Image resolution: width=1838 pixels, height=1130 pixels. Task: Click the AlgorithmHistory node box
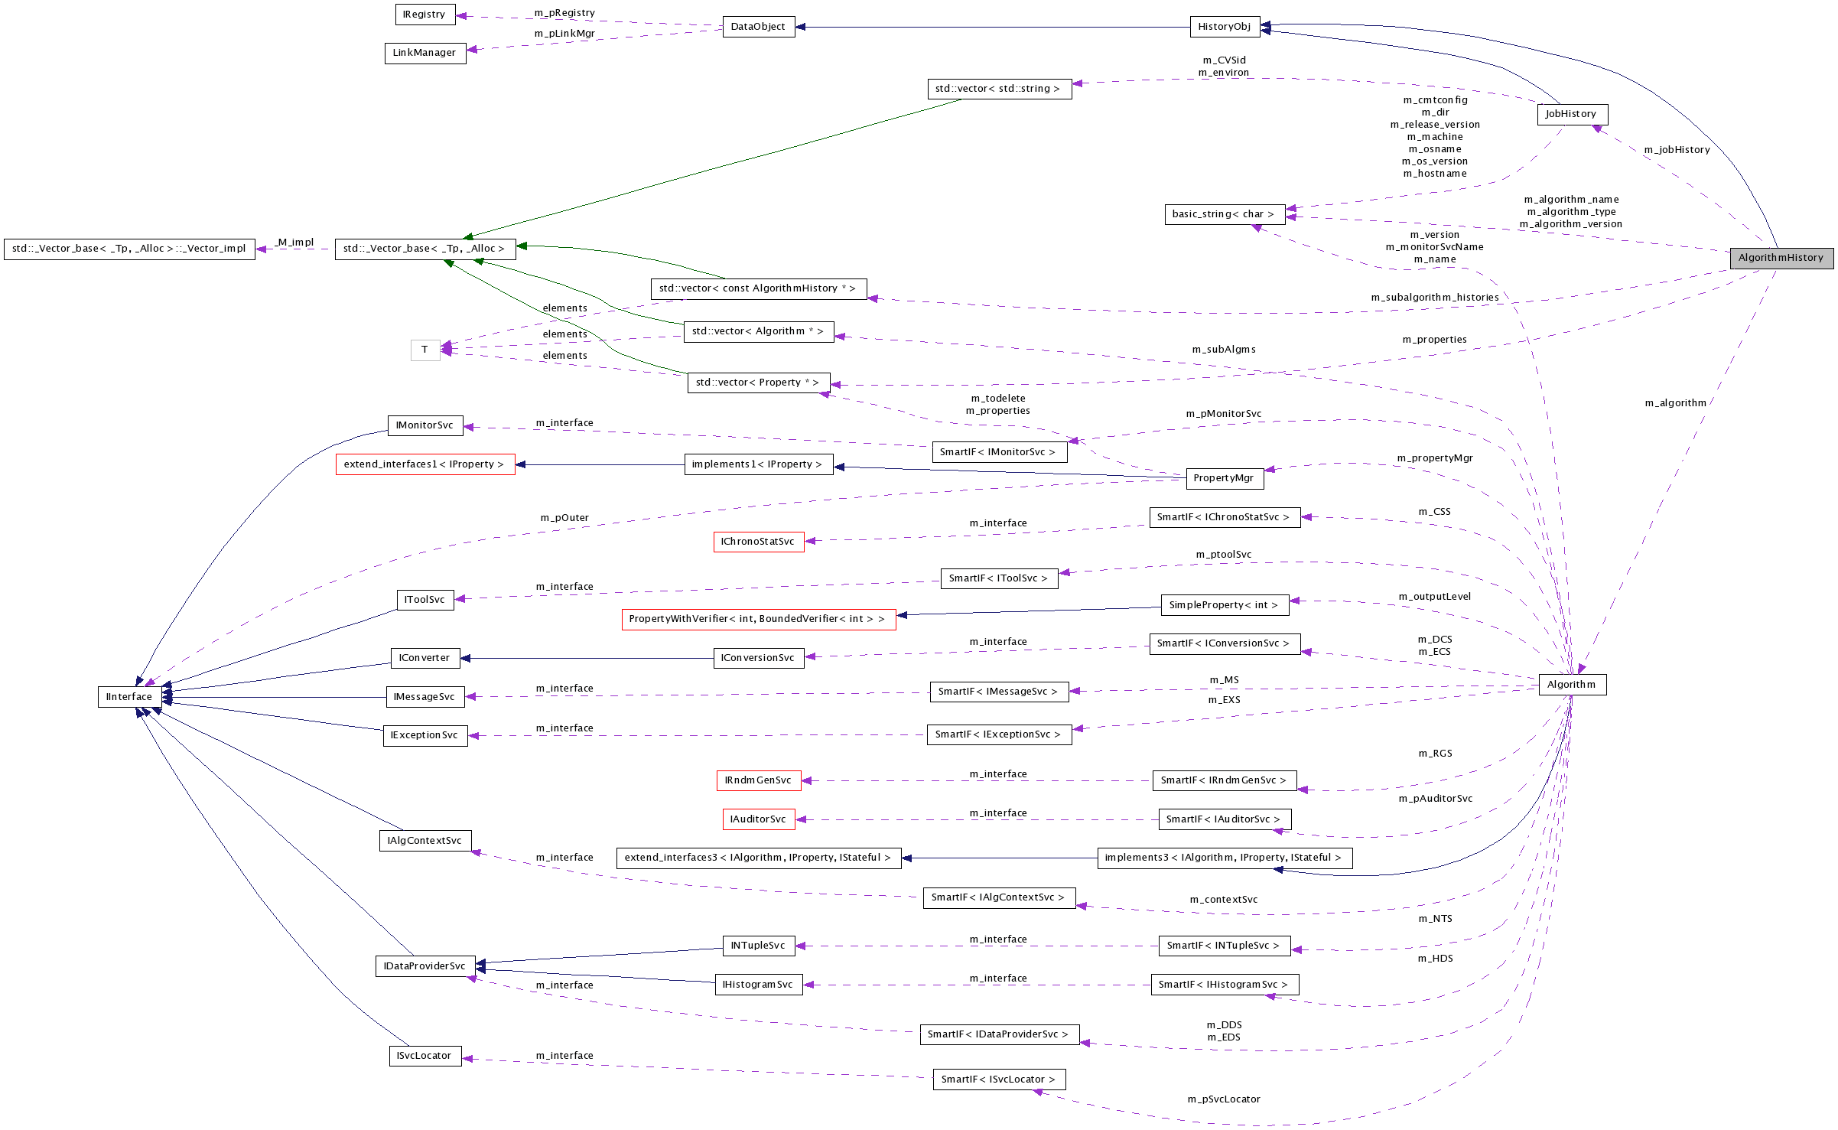pyautogui.click(x=1781, y=258)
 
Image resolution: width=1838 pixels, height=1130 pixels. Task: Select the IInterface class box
pyautogui.click(x=129, y=697)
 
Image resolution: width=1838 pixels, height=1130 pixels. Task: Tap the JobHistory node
pyautogui.click(x=1571, y=114)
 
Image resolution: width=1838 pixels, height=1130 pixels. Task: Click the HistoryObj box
pyautogui.click(x=1224, y=27)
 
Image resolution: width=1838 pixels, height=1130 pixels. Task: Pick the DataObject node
pyautogui.click(x=758, y=27)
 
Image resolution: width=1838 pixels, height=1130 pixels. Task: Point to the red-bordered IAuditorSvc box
pyautogui.click(x=758, y=819)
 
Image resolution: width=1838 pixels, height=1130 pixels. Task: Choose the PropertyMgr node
pyautogui.click(x=1223, y=478)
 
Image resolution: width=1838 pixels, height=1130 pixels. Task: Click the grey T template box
pyautogui.click(x=425, y=350)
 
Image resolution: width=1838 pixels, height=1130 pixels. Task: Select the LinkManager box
pyautogui.click(x=425, y=53)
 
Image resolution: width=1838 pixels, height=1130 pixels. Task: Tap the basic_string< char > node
pyautogui.click(x=1223, y=214)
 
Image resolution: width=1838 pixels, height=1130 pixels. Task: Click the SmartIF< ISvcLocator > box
pyautogui.click(x=998, y=1080)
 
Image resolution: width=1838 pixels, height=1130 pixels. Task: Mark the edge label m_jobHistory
pyautogui.click(x=1677, y=150)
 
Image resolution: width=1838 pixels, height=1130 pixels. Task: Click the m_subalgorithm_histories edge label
pyautogui.click(x=1434, y=298)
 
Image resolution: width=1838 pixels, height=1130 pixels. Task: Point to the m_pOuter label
pyautogui.click(x=564, y=518)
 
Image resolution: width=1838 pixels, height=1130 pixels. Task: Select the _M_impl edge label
pyautogui.click(x=294, y=243)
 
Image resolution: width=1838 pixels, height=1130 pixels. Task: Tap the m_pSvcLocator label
pyautogui.click(x=1223, y=1099)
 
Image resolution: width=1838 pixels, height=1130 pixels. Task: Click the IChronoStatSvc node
pyautogui.click(x=757, y=542)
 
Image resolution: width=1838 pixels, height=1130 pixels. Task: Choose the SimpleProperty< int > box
pyautogui.click(x=1223, y=605)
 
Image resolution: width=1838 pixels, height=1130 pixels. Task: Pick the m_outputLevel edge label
pyautogui.click(x=1434, y=597)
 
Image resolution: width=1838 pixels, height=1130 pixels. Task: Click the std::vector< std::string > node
pyautogui.click(x=997, y=89)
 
